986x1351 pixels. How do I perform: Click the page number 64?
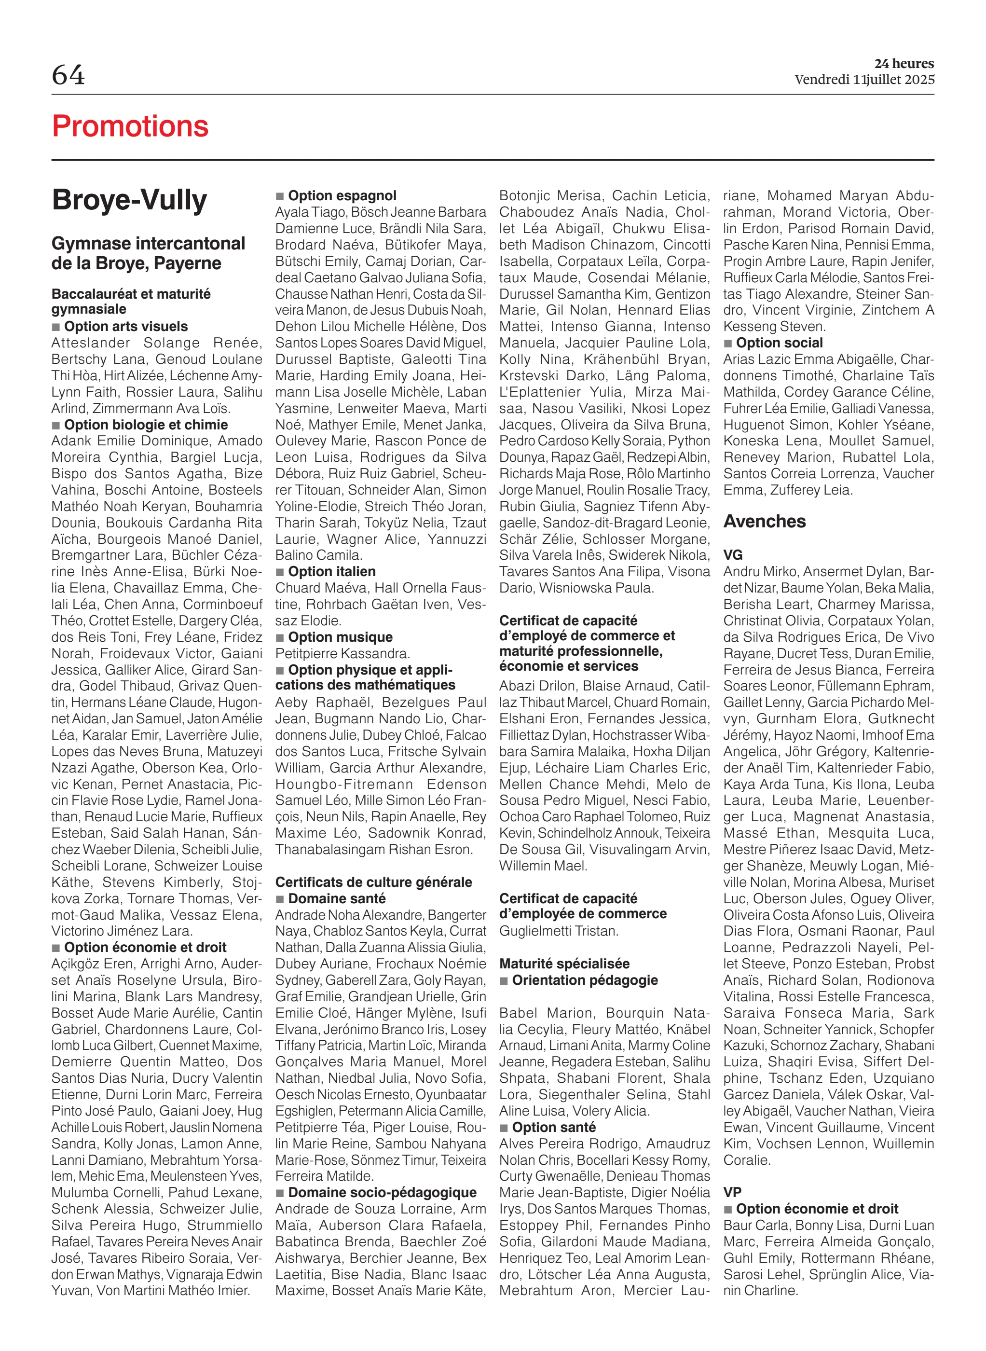pos(68,75)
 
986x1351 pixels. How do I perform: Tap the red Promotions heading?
pos(130,126)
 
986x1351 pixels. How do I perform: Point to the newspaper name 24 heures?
pos(904,64)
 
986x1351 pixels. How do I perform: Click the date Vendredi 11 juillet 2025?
pos(863,80)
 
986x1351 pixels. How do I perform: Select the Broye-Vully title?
pos(129,200)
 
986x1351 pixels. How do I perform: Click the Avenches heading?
pos(764,521)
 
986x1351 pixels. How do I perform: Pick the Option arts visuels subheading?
pos(125,327)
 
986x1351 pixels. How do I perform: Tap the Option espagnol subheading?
pos(342,196)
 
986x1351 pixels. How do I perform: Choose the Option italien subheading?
pos(331,571)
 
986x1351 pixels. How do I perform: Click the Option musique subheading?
pos(340,637)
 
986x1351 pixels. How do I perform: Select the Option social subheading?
pos(779,343)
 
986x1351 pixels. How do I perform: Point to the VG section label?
pos(732,555)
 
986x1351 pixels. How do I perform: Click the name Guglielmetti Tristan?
pos(558,931)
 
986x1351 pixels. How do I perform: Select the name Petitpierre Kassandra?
pos(342,653)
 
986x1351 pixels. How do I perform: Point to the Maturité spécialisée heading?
pos(564,963)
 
